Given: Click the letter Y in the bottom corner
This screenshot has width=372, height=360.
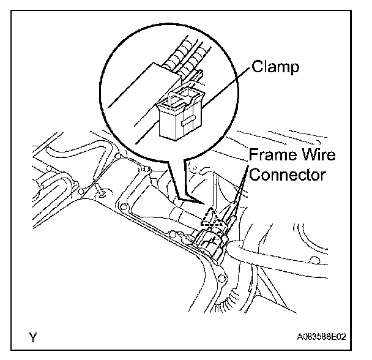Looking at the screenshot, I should click(x=32, y=337).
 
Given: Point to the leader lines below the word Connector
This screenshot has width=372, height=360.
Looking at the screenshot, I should click(x=236, y=199).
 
